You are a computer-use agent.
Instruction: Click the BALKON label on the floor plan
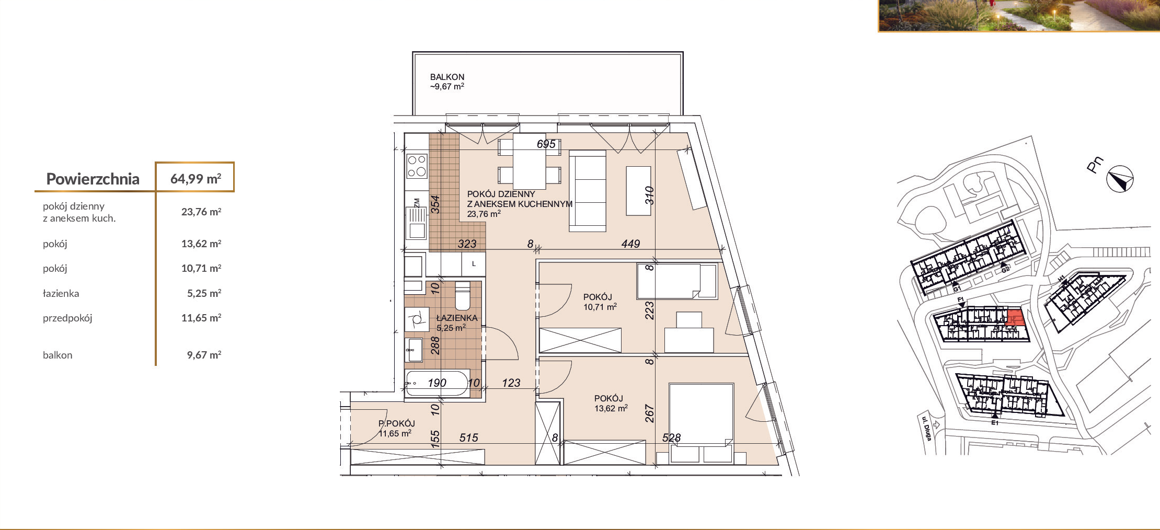click(x=447, y=77)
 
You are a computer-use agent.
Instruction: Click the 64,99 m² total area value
click(x=196, y=179)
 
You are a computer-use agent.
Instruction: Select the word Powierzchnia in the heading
click(x=93, y=179)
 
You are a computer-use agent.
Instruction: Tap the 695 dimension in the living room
click(x=546, y=144)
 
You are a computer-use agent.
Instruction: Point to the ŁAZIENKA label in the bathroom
click(x=457, y=318)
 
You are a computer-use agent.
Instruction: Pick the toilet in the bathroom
click(x=463, y=296)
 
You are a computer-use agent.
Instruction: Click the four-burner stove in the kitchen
click(x=417, y=166)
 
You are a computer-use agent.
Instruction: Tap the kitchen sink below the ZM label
click(x=417, y=223)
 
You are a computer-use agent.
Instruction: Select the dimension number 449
click(x=630, y=244)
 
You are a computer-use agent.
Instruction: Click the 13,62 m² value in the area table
click(x=201, y=244)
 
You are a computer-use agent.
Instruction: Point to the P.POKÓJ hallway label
click(x=397, y=423)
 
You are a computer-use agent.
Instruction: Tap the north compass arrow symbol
click(x=1120, y=179)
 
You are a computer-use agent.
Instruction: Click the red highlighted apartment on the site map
click(x=1014, y=318)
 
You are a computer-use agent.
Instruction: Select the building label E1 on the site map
click(x=995, y=423)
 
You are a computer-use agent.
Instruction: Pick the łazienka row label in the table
click(x=61, y=293)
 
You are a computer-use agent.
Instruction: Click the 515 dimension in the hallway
click(x=468, y=437)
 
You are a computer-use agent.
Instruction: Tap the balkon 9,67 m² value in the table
click(x=204, y=355)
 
